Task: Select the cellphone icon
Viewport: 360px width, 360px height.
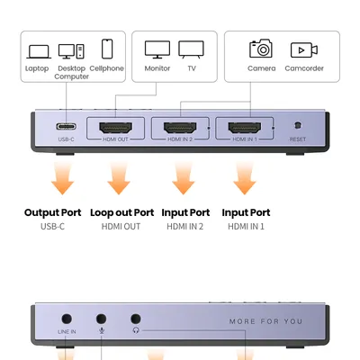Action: coord(107,49)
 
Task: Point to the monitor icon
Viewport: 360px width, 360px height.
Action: coord(157,49)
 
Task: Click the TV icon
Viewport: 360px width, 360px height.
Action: coord(191,49)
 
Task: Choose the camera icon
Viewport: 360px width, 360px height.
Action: coord(261,49)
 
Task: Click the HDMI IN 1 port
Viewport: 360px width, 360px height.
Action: coord(244,128)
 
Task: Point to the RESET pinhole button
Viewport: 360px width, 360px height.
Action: coord(298,128)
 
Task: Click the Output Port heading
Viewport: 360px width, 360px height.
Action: coord(53,212)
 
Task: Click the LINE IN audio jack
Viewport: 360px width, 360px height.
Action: coord(67,319)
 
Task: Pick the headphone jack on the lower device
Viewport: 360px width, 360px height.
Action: coord(136,319)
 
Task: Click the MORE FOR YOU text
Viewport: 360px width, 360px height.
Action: coord(267,321)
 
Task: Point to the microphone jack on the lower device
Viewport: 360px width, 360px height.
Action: coord(101,319)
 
